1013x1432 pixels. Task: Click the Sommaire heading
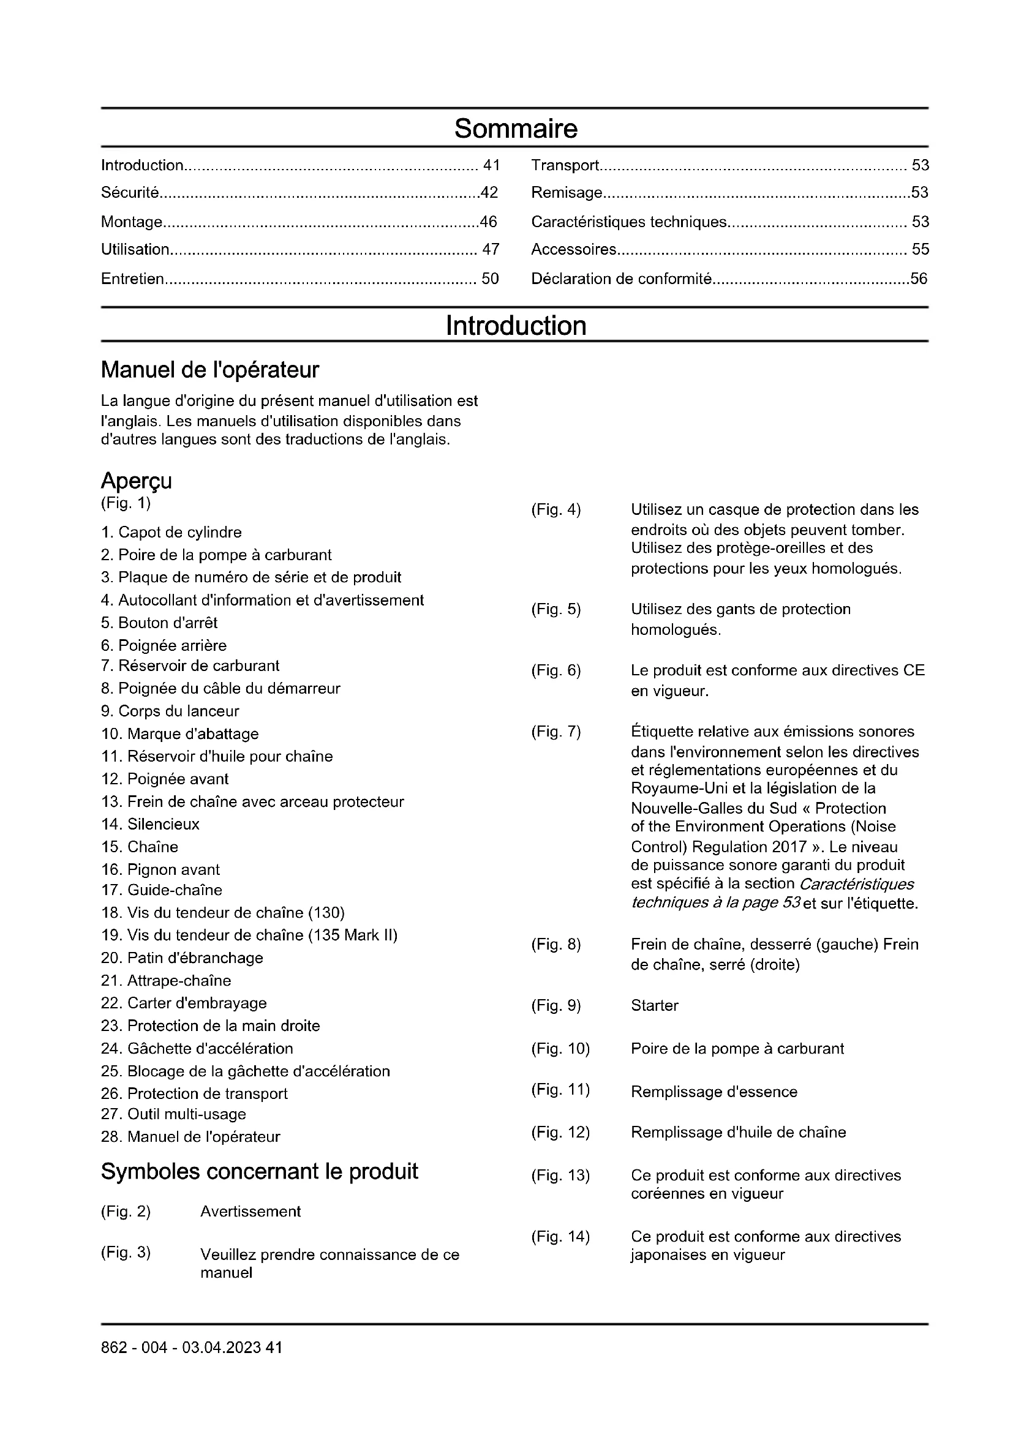516,129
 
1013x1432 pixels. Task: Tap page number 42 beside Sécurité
489,193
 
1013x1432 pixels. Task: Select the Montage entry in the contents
132,222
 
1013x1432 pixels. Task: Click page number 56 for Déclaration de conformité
919,279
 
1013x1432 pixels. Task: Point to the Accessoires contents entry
573,249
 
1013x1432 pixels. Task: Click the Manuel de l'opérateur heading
209,370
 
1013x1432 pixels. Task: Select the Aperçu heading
136,480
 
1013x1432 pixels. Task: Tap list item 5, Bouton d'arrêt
159,623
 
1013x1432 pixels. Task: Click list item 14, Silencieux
150,824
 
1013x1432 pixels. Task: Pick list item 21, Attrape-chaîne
166,980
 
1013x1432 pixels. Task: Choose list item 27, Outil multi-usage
173,1114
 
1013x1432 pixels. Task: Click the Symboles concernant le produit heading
260,1171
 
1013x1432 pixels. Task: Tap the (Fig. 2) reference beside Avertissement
126,1211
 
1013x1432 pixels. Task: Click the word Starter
654,1005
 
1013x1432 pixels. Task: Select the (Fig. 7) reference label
555,732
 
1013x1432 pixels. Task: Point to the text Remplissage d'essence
714,1092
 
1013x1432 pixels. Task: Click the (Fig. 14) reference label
560,1236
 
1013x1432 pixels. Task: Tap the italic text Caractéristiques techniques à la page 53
772,893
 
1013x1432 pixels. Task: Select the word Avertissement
250,1211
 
